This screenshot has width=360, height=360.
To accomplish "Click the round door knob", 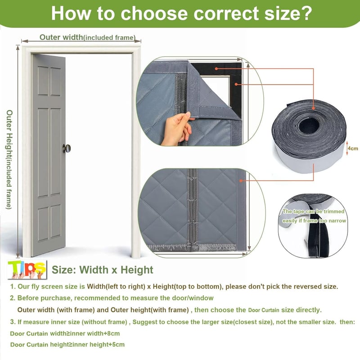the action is tap(67, 148).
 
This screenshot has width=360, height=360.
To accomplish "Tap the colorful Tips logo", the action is tap(27, 270).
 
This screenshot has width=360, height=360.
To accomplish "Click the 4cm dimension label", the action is tap(353, 148).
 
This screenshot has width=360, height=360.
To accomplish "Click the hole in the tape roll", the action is tap(309, 125).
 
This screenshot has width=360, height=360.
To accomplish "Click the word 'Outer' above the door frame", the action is tap(50, 37).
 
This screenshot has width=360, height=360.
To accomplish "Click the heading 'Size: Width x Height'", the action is tap(103, 270).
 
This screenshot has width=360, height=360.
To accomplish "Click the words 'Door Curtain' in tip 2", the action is tap(264, 310).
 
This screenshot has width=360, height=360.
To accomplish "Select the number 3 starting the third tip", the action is tap(13, 322).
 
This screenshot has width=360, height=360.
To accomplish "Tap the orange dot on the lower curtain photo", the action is tap(241, 181).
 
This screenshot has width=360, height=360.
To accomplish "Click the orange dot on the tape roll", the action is tap(313, 108).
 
